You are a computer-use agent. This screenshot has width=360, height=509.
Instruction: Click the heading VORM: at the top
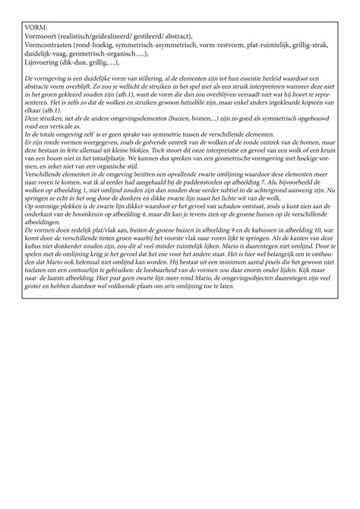[x=36, y=27]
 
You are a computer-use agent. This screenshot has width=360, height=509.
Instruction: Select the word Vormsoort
[x=40, y=36]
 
